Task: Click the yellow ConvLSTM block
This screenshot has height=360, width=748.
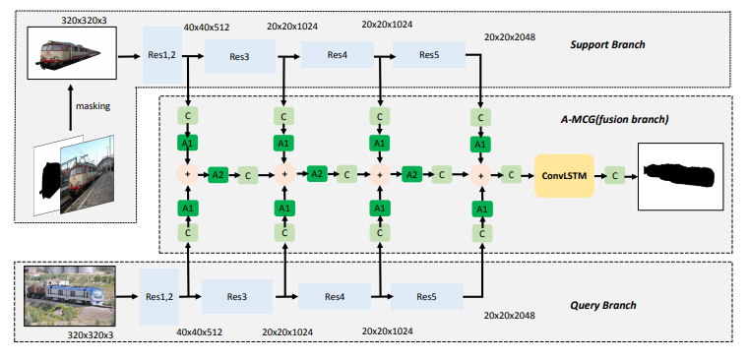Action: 565,174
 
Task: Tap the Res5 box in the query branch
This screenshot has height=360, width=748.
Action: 426,296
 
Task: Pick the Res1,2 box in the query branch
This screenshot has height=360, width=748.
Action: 160,296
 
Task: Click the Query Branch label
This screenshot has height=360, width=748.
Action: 602,305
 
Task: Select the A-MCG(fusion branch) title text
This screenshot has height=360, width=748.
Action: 607,119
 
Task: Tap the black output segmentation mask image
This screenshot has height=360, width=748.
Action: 680,175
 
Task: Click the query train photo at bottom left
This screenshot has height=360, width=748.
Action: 68,293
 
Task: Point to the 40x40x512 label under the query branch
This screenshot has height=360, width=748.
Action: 199,331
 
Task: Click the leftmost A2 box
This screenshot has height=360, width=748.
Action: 218,174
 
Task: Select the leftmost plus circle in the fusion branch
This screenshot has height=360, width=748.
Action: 187,174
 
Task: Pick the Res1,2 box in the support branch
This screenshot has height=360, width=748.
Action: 160,57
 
